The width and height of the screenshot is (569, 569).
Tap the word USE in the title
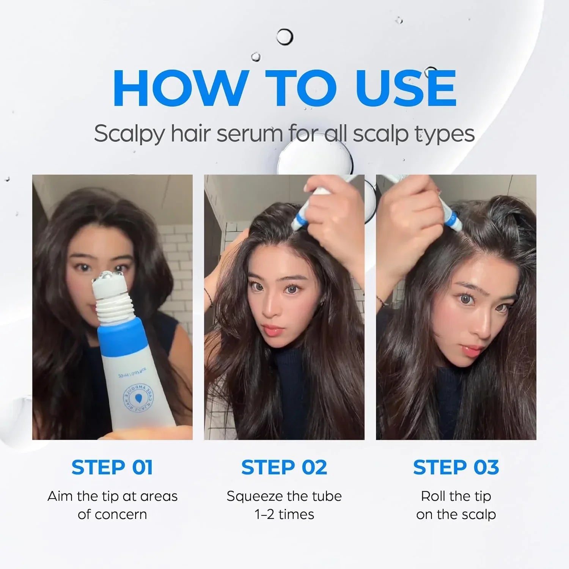406,88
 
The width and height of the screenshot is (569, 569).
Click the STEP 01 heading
112,467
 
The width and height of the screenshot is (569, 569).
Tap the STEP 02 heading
284,467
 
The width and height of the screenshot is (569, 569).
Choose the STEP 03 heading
456,467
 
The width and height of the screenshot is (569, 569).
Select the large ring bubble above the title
284,37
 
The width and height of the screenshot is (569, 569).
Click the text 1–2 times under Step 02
284,514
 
